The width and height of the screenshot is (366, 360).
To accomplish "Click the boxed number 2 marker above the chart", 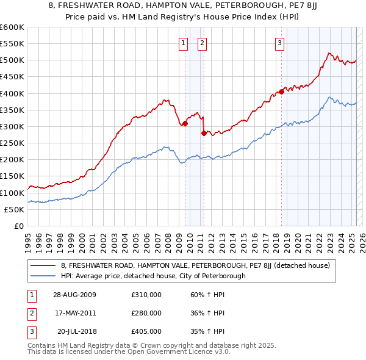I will [x=202, y=43].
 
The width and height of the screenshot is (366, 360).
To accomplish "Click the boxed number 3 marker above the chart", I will [x=279, y=43].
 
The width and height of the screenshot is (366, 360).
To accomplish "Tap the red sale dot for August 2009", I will [x=185, y=124].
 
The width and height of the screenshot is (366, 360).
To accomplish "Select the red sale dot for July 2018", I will [x=281, y=92].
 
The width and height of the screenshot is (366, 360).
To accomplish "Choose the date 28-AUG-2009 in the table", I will [x=75, y=296].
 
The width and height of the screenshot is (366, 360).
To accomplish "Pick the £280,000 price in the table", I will [x=146, y=313].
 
